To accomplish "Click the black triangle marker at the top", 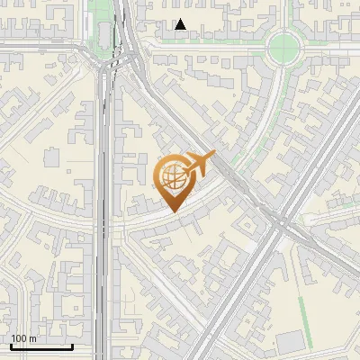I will pyautogui.click(x=181, y=24).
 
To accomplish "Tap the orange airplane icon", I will pyautogui.click(x=200, y=163).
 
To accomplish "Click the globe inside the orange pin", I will pyautogui.click(x=172, y=176).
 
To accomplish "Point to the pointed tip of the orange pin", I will pyautogui.click(x=173, y=210).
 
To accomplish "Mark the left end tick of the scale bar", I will pyautogui.click(x=10, y=346).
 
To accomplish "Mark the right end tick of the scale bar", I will pyautogui.click(x=72, y=346).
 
